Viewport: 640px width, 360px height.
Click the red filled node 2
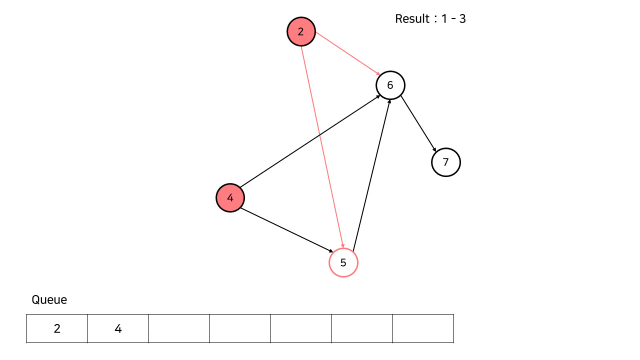coord(301,31)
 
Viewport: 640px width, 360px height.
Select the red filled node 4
coord(230,197)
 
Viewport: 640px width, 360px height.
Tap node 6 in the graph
coord(390,85)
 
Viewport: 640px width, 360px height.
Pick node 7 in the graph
coord(445,162)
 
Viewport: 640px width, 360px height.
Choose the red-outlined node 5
coord(343,262)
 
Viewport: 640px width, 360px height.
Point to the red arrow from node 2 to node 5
coord(321,145)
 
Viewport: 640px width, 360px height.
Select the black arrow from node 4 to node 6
coord(310,142)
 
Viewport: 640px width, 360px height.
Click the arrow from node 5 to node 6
coord(371,175)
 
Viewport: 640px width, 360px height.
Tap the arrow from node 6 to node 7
coord(418,123)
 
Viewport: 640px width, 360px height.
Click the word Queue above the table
coord(49,299)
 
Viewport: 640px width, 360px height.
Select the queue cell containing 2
coord(57,328)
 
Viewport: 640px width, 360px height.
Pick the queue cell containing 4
coord(118,328)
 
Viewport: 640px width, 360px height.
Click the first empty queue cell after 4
coord(179,328)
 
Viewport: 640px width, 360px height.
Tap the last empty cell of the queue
coord(423,328)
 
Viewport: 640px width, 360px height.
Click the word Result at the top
coord(412,19)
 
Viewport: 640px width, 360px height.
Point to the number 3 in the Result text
coord(462,19)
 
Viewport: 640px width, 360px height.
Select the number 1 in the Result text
coord(444,19)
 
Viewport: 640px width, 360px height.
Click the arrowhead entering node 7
coord(435,150)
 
